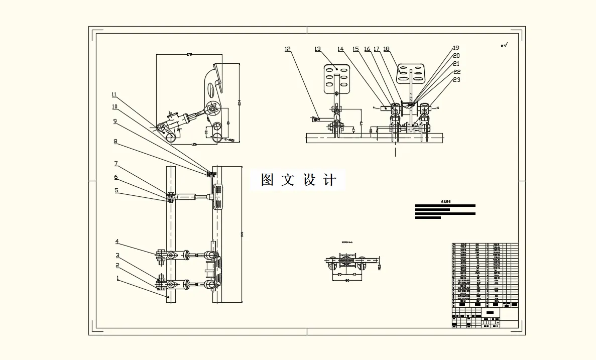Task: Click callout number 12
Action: (287, 49)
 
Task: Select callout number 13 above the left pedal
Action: (317, 49)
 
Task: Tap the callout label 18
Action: (386, 49)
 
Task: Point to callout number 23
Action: (456, 79)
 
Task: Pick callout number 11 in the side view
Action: (114, 94)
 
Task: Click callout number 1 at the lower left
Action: (117, 277)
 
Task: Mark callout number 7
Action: (115, 163)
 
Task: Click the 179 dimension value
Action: (189, 54)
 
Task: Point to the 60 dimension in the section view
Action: (346, 280)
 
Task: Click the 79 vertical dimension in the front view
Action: (362, 124)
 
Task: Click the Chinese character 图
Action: (267, 180)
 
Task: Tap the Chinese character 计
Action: (329, 180)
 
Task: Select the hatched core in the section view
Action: (347, 261)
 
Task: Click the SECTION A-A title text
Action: (347, 243)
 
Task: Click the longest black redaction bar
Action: (445, 205)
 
